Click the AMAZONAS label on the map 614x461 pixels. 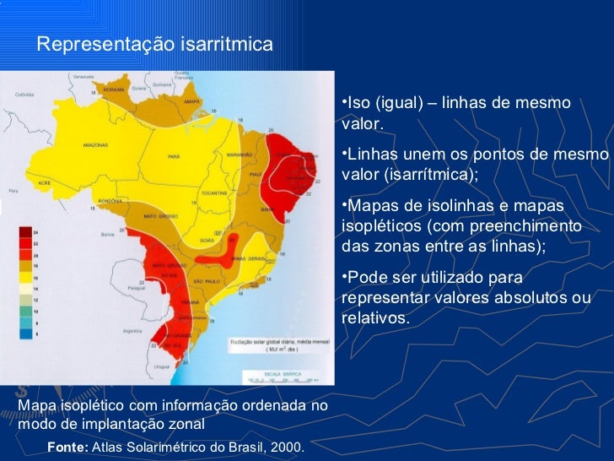(94, 145)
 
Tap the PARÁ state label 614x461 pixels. (174, 156)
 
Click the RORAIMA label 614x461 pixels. (114, 89)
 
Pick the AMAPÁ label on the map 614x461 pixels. (192, 101)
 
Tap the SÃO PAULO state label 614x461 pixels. (207, 279)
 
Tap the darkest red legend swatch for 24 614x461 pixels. (26, 231)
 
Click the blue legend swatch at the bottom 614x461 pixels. (26, 334)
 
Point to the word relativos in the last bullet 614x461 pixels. (373, 317)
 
